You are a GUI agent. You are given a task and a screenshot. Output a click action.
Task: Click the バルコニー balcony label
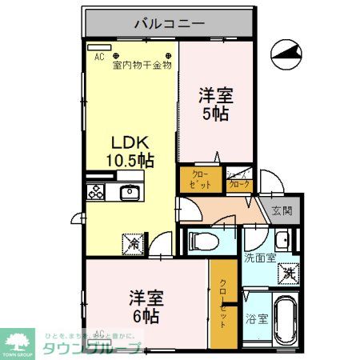pyautogui.click(x=169, y=22)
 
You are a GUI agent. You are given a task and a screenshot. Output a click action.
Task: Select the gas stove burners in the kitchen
pyautogui.click(x=97, y=192)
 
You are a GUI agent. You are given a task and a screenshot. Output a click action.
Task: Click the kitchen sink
pyautogui.click(x=129, y=192)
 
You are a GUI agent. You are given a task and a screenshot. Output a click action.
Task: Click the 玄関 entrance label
pyautogui.click(x=282, y=211)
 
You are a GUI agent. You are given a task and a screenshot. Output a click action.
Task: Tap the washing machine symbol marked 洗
pyautogui.click(x=287, y=273)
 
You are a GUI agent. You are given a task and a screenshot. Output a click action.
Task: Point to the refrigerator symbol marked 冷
pyautogui.click(x=131, y=240)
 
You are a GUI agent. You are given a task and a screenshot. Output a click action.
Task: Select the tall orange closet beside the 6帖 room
pyautogui.click(x=223, y=304)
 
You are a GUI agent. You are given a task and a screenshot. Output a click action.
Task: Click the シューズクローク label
pyautogui.click(x=238, y=180)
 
